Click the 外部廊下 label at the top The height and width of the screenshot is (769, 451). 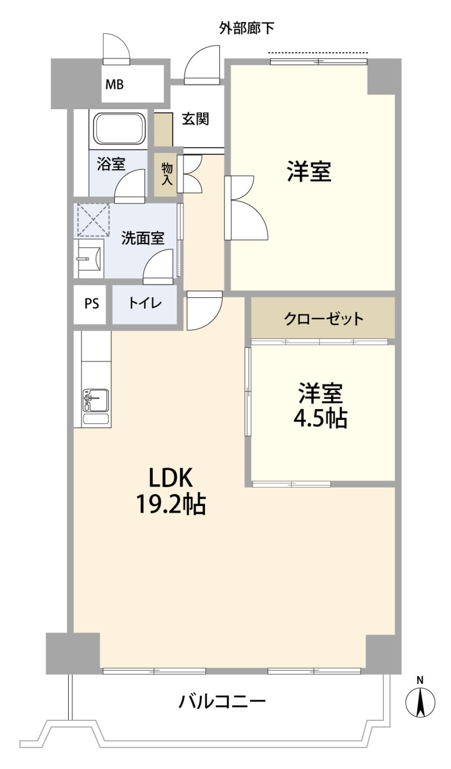pos(247,28)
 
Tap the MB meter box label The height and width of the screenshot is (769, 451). pos(115,84)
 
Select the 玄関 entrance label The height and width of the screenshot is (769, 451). pos(195,119)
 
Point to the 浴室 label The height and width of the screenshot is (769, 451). pos(111,164)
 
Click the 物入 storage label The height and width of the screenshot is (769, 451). pos(167,175)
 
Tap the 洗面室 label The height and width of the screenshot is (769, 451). pos(143,238)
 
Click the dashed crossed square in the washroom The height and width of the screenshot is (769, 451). pos(93,220)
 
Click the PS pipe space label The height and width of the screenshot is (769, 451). pos(92,304)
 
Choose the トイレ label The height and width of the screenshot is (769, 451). pos(145,303)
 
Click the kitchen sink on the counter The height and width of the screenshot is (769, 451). pos(96,400)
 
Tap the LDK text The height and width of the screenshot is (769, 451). pos(170,478)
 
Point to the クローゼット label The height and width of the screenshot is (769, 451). pos(323,319)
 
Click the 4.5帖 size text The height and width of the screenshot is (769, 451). pos(320,419)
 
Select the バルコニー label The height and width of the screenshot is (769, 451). pos(222,702)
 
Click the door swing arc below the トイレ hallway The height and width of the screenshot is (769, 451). pos(204,311)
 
